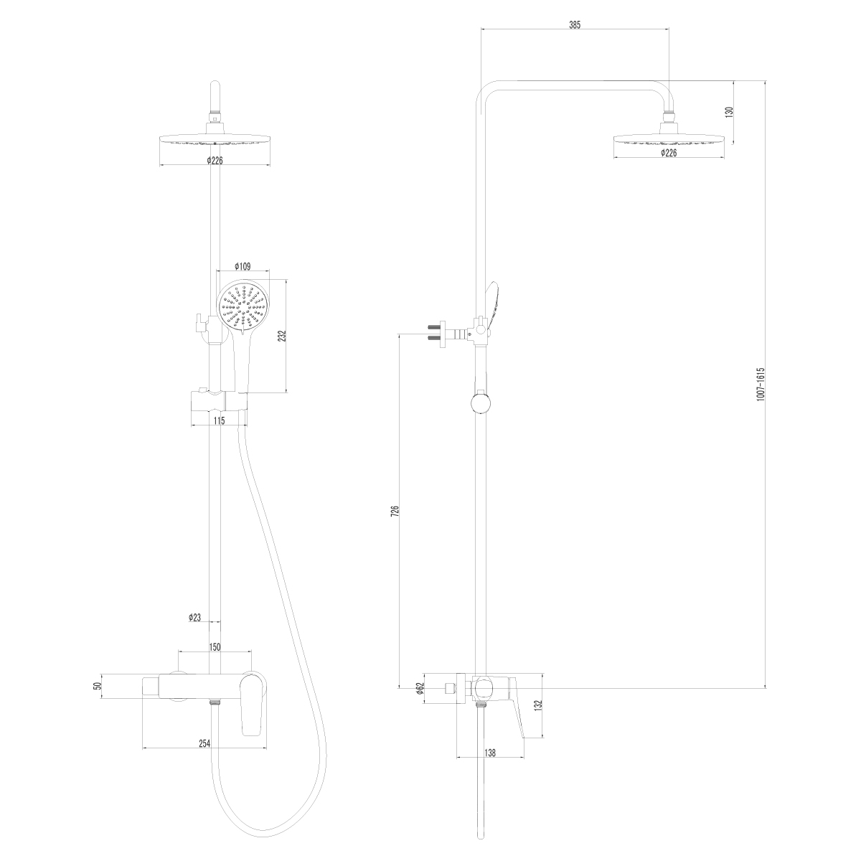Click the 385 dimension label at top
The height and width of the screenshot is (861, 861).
pos(574,24)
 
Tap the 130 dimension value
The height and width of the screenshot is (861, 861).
pos(729,113)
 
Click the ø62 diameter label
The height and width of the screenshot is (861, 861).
pos(420,689)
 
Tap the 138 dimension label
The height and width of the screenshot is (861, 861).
pos(490,753)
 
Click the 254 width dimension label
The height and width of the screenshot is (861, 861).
pos(205,743)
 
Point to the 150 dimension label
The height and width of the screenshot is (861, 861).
pos(215,646)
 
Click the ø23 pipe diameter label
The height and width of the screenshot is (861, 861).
pos(194,617)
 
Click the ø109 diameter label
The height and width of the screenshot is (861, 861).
pos(242,266)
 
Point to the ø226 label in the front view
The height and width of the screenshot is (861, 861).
pos(215,161)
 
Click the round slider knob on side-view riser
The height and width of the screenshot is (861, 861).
pos(480,402)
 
